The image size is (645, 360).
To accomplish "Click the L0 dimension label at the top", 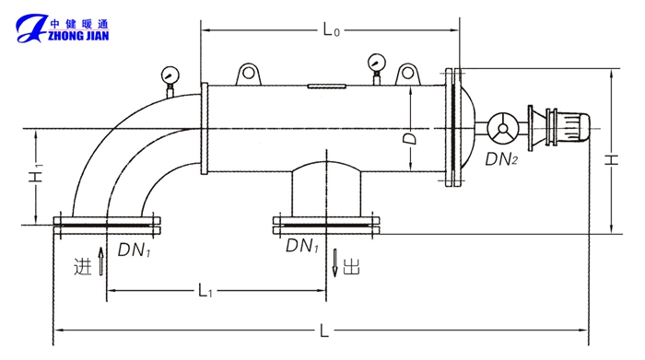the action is tap(331, 29).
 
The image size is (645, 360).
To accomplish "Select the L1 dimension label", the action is tap(205, 291).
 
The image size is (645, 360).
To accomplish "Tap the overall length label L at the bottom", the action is tap(324, 330).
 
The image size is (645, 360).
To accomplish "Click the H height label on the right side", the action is tap(612, 159).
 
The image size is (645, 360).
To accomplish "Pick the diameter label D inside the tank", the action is tap(410, 138).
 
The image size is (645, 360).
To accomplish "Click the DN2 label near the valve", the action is tap(501, 159).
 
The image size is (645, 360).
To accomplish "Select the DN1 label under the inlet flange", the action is tap(135, 250).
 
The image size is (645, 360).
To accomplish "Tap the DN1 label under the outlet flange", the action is tap(302, 245).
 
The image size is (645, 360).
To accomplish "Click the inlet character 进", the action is tap(83, 267).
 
